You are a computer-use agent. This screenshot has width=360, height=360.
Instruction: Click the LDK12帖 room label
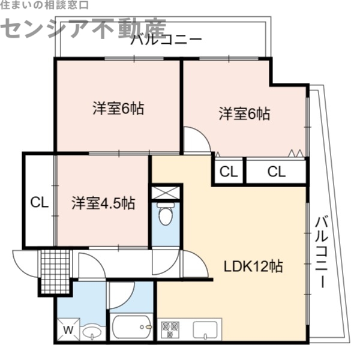coord(254,265)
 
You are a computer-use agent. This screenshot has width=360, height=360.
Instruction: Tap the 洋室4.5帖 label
coord(103,203)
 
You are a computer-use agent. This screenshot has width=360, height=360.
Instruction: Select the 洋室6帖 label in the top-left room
coord(118,110)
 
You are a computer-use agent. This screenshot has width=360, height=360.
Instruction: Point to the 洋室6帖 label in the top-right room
coord(244,113)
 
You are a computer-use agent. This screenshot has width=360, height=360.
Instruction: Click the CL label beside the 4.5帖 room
coord(40,202)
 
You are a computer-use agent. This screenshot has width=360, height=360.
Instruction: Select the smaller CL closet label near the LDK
coord(228,172)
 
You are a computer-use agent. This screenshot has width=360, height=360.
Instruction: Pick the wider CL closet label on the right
coord(276,172)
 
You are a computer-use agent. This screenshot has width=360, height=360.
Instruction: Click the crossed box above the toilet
coord(165,193)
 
